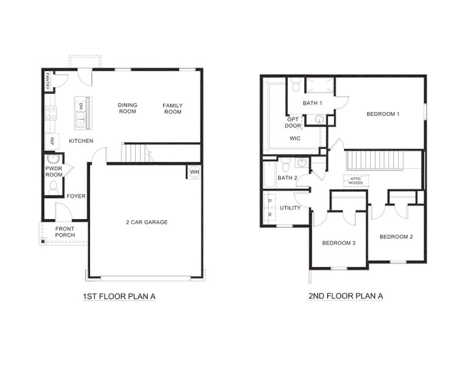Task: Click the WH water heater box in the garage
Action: pyautogui.click(x=194, y=172)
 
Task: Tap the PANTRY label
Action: pyautogui.click(x=47, y=82)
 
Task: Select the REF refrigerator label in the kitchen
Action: pyautogui.click(x=53, y=142)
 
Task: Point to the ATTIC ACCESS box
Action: pyautogui.click(x=355, y=181)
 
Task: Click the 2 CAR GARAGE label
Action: pyautogui.click(x=147, y=222)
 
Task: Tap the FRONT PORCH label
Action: pyautogui.click(x=65, y=232)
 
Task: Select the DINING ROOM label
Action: pyautogui.click(x=127, y=108)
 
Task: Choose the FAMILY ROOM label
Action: pyautogui.click(x=172, y=109)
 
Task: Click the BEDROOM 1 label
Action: pyautogui.click(x=383, y=114)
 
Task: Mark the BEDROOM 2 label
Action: pyautogui.click(x=396, y=237)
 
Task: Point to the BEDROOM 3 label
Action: pyautogui.click(x=338, y=243)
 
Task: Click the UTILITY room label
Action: pyautogui.click(x=290, y=208)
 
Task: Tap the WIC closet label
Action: pyautogui.click(x=295, y=138)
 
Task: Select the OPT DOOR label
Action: pyautogui.click(x=293, y=123)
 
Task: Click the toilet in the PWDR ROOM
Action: pyautogui.click(x=53, y=187)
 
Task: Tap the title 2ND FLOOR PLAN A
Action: pyautogui.click(x=346, y=297)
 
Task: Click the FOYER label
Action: pyautogui.click(x=76, y=196)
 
